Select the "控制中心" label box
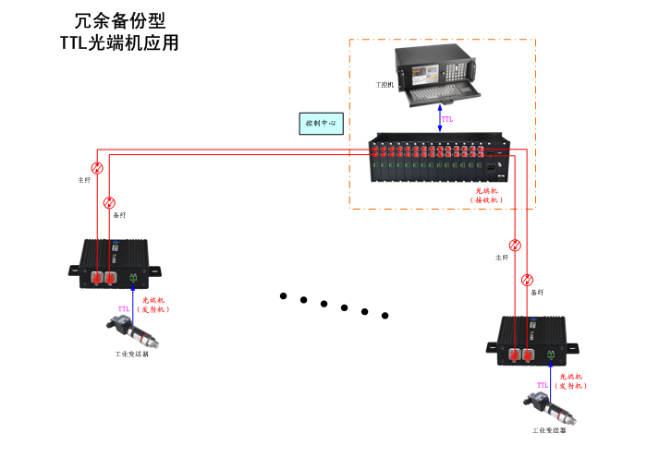point(322,123)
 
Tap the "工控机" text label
point(385,84)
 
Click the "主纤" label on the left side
point(85,180)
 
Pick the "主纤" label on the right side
point(502,258)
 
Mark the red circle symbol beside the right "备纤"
point(527,280)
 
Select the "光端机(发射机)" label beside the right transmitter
point(573,381)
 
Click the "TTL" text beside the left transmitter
point(123,308)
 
